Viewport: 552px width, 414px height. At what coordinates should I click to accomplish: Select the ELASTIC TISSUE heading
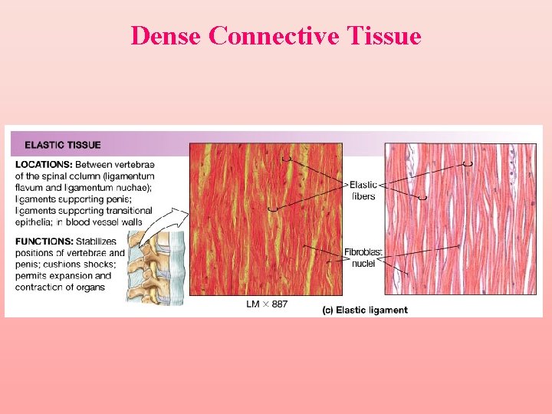63,144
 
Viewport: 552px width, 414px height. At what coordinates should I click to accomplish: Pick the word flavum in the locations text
32,188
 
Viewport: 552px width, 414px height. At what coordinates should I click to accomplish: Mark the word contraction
41,287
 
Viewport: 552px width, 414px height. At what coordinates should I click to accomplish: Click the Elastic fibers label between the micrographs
363,190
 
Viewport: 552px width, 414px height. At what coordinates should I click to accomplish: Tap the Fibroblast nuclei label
363,258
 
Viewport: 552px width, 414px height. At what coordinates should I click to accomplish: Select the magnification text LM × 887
267,304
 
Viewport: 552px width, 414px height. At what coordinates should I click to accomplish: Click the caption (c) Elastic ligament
365,310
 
